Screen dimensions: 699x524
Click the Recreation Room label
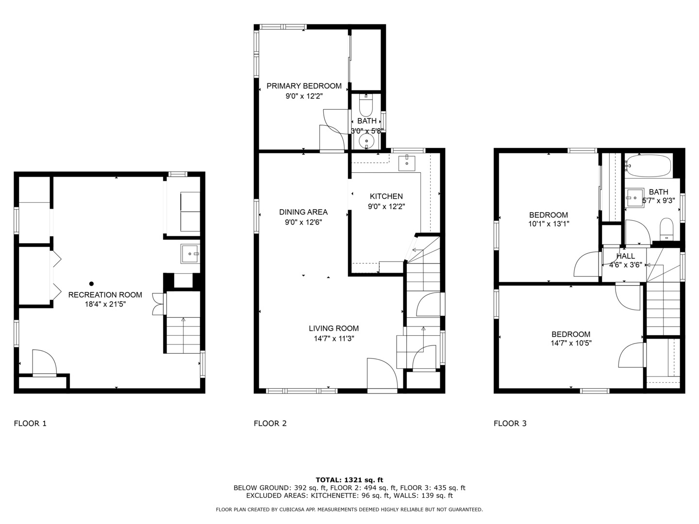pos(105,295)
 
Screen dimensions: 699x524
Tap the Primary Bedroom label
pos(304,86)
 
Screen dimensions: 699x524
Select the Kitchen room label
pos(386,196)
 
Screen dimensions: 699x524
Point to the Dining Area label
pos(303,212)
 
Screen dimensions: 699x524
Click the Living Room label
pos(333,328)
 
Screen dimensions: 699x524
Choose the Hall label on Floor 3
pos(625,256)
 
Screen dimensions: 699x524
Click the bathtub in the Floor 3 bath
pos(648,165)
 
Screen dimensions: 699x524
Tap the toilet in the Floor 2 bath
pos(366,106)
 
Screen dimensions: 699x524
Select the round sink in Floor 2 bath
pos(366,141)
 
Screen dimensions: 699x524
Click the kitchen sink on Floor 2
pos(407,163)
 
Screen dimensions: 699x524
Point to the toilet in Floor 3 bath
pos(666,229)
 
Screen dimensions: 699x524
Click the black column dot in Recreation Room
pos(91,283)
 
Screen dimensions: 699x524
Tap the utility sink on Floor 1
pos(190,254)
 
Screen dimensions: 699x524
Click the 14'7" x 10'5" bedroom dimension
pos(571,344)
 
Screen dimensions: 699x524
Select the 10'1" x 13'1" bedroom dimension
pos(549,224)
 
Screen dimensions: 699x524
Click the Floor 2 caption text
pos(270,424)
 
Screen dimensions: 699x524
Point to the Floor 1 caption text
pos(30,424)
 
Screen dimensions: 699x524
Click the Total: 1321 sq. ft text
pos(349,480)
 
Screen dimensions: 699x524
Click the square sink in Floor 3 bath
pos(634,197)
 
